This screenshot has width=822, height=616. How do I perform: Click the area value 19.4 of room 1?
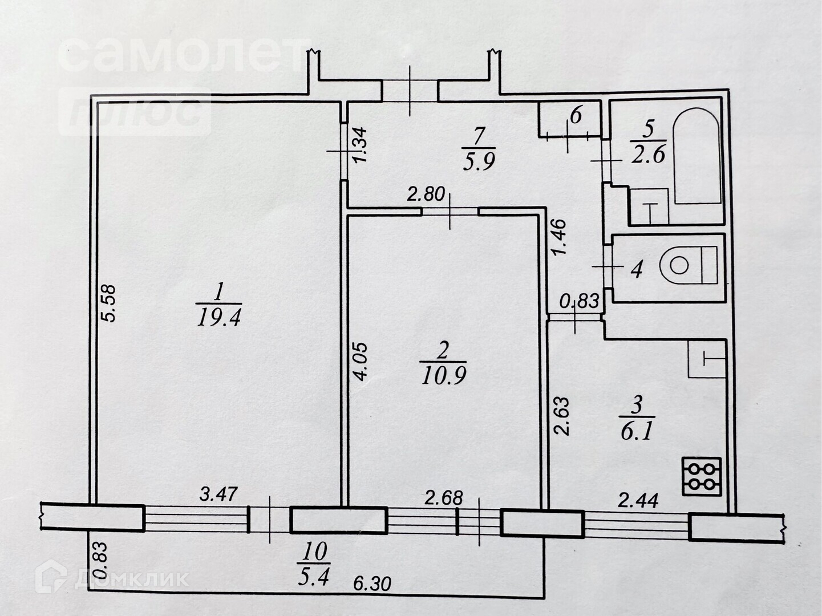coord(219,317)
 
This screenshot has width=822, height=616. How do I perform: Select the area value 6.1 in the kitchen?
coord(636,431)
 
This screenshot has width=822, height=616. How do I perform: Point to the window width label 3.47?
coord(218,493)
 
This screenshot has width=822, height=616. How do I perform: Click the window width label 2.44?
coord(638,501)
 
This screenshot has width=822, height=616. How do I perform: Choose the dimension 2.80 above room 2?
coord(425,194)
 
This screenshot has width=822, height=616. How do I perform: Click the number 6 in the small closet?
coord(575,116)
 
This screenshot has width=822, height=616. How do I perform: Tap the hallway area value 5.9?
coord(478,162)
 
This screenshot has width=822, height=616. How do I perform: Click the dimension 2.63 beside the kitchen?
coord(562,416)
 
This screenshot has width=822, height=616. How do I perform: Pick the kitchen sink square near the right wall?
coord(707,359)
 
